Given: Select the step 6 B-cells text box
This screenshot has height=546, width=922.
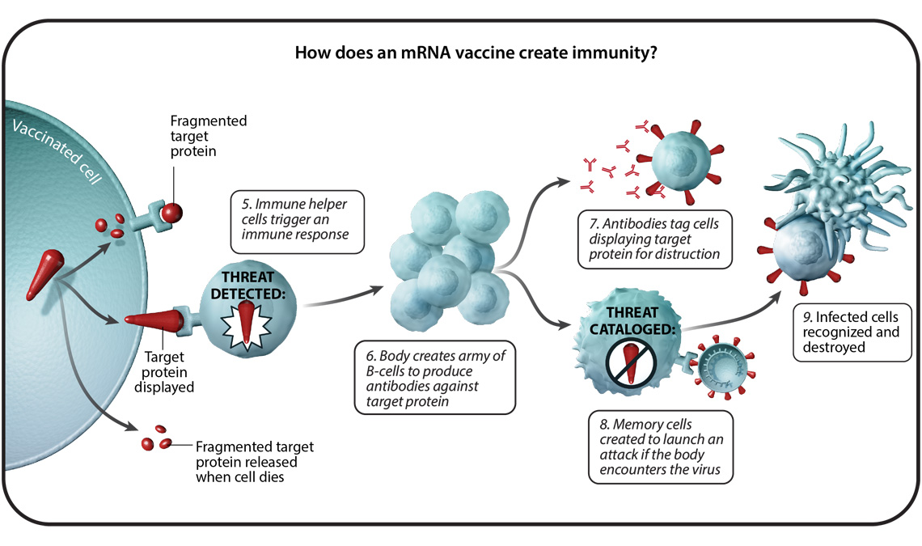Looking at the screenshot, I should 434,377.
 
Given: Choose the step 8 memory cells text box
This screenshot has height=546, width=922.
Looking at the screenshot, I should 660,447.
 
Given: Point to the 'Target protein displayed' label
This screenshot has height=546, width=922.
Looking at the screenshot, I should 168,370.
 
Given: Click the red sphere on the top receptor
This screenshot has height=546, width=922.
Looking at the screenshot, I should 171,213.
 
